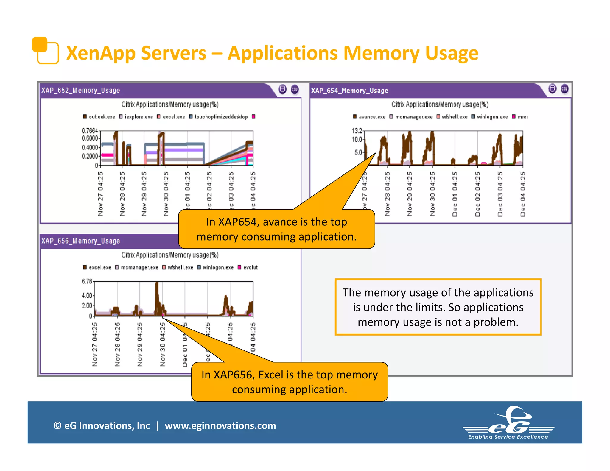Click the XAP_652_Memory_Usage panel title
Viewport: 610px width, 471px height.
tap(80, 90)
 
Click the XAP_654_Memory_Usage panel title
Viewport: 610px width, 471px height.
tap(349, 91)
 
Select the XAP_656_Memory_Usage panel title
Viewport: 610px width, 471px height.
tap(80, 241)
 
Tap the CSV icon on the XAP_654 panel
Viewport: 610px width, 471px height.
tap(564, 89)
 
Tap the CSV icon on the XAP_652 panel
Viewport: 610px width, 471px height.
tap(295, 89)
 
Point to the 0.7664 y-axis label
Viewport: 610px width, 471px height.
tap(90, 131)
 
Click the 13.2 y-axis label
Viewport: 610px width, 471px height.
tap(357, 131)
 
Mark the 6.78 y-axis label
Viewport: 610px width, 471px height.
tap(87, 281)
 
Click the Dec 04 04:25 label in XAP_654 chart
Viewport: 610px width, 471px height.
tap(523, 194)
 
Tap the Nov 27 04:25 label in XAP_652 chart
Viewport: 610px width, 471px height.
tap(100, 194)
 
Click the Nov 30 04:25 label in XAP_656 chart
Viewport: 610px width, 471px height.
tap(162, 344)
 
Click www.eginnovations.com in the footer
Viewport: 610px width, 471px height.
tap(220, 425)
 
